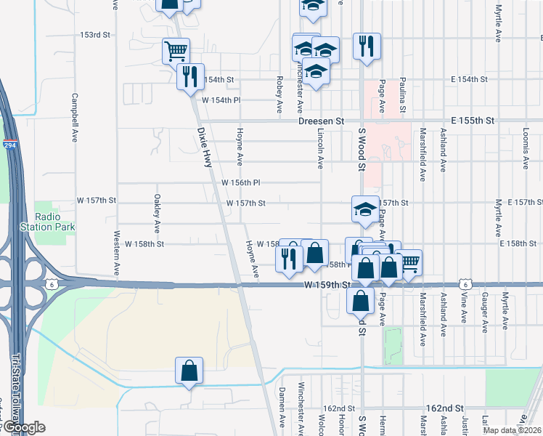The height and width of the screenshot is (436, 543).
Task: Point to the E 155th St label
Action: [x=472, y=119]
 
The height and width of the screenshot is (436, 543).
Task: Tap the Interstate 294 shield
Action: [x=11, y=145]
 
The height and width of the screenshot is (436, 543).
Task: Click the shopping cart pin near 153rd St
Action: [x=176, y=51]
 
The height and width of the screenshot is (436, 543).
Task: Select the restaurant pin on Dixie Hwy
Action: [x=190, y=76]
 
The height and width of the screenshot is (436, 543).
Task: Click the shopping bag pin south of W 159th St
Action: [x=360, y=299]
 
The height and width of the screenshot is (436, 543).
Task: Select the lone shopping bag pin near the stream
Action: [x=189, y=370]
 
